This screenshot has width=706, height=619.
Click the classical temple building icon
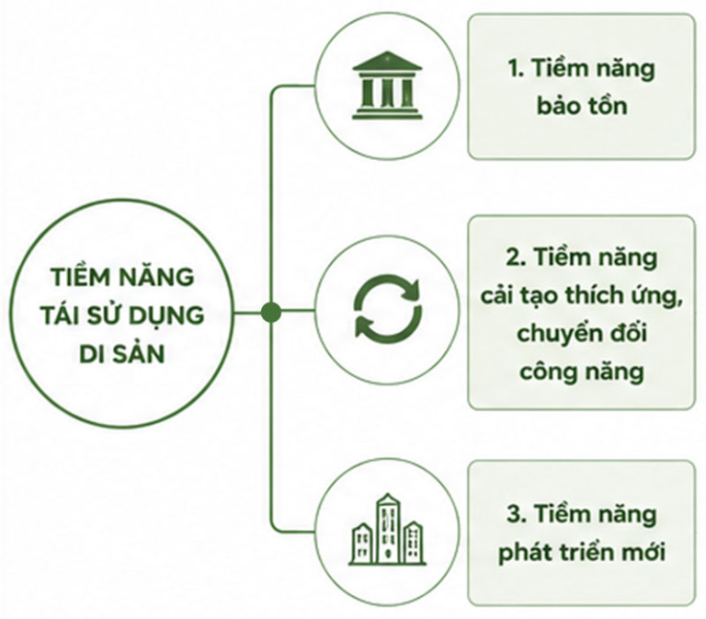387,86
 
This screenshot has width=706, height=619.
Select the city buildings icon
388,530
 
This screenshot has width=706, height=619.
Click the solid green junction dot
271,312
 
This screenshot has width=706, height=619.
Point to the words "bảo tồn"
582,107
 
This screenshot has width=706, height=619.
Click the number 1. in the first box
516,69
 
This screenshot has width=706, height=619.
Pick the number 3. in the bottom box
516,514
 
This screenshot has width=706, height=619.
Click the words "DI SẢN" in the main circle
121,354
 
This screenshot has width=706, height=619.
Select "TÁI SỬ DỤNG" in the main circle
122,315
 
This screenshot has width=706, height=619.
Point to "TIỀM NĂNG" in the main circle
122,276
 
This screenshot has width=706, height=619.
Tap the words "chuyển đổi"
582,334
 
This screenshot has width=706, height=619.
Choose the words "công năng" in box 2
582,373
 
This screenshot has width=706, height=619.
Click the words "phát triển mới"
581,553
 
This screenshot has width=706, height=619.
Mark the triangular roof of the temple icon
387,62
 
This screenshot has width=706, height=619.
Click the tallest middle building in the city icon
387,528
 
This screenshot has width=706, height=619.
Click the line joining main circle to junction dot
247,312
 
